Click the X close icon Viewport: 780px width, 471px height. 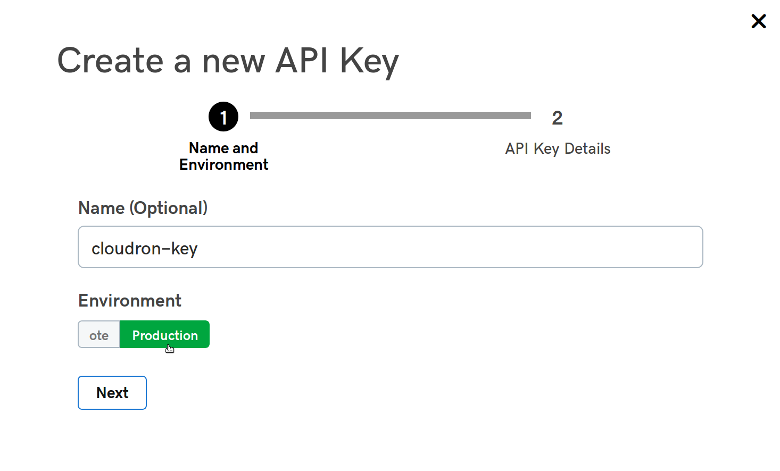758,21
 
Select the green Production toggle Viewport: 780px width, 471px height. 165,335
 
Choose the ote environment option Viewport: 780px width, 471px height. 99,335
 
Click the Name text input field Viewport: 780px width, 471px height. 390,247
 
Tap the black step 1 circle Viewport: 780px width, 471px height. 223,117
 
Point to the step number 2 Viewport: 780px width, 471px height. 557,118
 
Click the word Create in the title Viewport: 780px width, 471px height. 110,60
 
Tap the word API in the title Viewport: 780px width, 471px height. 302,60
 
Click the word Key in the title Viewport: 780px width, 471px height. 369,61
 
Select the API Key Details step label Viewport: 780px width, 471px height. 558,148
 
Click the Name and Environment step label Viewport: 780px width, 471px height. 223,156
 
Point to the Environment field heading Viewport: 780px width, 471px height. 130,301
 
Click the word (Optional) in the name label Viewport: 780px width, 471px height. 168,208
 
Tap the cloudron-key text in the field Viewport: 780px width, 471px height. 145,249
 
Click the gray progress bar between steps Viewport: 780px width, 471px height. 390,115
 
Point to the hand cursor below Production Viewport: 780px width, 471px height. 170,349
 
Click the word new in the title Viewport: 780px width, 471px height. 233,61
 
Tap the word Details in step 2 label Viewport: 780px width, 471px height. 587,148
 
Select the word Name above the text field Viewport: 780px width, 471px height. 101,208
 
